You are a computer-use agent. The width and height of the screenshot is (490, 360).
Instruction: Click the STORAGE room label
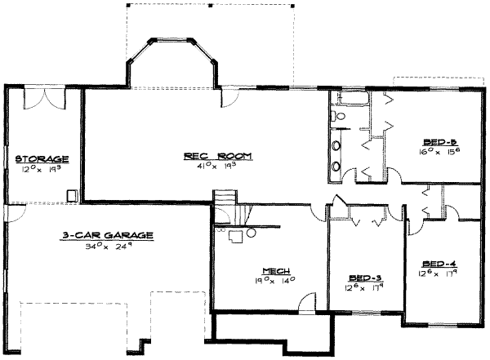pos(42,158)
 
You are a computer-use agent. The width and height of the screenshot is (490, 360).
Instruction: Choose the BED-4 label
pos(438,263)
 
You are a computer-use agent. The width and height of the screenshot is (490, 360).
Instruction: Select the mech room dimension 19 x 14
pos(274,282)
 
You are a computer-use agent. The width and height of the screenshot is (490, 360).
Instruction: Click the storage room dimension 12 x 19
pos(42,168)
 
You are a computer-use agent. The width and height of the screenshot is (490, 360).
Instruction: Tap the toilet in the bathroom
pos(341,118)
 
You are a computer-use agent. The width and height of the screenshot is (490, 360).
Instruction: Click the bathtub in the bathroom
pos(351,100)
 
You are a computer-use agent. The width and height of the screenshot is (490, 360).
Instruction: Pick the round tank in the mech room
pos(251,233)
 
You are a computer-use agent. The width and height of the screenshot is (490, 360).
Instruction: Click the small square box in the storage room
pos(72,194)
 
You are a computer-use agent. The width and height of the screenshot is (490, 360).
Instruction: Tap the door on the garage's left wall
pos(6,213)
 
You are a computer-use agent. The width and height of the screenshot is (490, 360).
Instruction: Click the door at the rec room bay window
pos(227,97)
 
